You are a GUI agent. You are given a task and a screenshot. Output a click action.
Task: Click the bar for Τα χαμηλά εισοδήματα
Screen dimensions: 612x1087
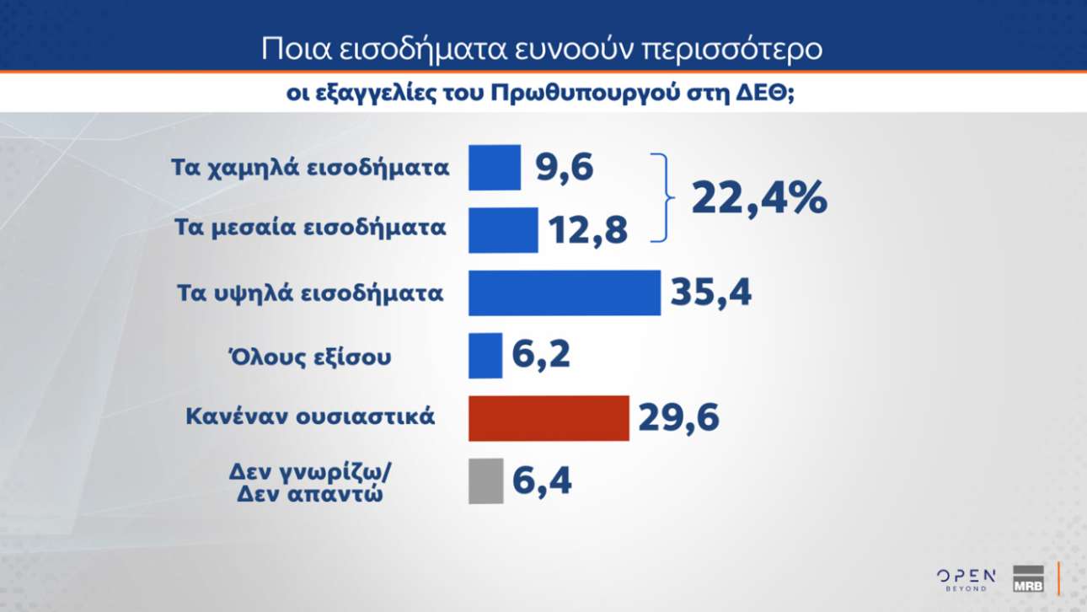click(495, 167)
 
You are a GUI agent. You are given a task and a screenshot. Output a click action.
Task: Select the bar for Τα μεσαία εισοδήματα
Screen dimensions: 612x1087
click(503, 229)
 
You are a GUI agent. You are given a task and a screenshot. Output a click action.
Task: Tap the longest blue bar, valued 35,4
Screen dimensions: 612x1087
click(564, 293)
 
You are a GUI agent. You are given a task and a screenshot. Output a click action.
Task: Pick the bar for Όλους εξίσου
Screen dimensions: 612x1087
click(485, 355)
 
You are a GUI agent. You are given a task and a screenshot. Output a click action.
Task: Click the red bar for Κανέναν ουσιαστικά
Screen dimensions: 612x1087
click(549, 417)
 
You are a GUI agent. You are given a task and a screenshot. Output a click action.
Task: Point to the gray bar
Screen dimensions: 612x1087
click(485, 480)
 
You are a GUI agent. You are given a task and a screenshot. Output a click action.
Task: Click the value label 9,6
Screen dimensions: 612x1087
click(565, 168)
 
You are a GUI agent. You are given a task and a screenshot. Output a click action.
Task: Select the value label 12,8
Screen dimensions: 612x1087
click(587, 230)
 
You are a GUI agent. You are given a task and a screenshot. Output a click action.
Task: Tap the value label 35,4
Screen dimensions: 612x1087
click(710, 293)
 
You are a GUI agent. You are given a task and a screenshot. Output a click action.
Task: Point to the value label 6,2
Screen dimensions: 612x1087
click(541, 355)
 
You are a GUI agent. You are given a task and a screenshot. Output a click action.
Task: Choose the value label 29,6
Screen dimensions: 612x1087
click(679, 418)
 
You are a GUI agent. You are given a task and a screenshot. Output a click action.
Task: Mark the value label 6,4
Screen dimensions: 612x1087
click(542, 481)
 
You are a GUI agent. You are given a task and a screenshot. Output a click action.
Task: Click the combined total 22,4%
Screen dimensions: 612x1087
click(759, 199)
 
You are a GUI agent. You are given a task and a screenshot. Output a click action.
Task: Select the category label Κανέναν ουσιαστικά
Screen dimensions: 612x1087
click(310, 416)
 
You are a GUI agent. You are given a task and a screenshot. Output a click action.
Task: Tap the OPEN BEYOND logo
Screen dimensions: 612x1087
click(967, 579)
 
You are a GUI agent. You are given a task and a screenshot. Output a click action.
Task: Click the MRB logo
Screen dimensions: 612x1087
click(1028, 579)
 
